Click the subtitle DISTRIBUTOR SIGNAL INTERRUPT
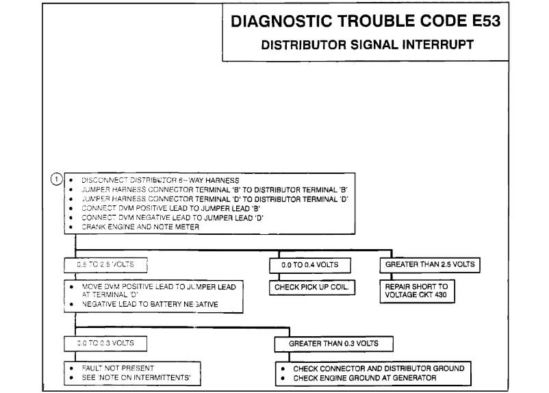(368, 46)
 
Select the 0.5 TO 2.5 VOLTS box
(107, 264)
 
